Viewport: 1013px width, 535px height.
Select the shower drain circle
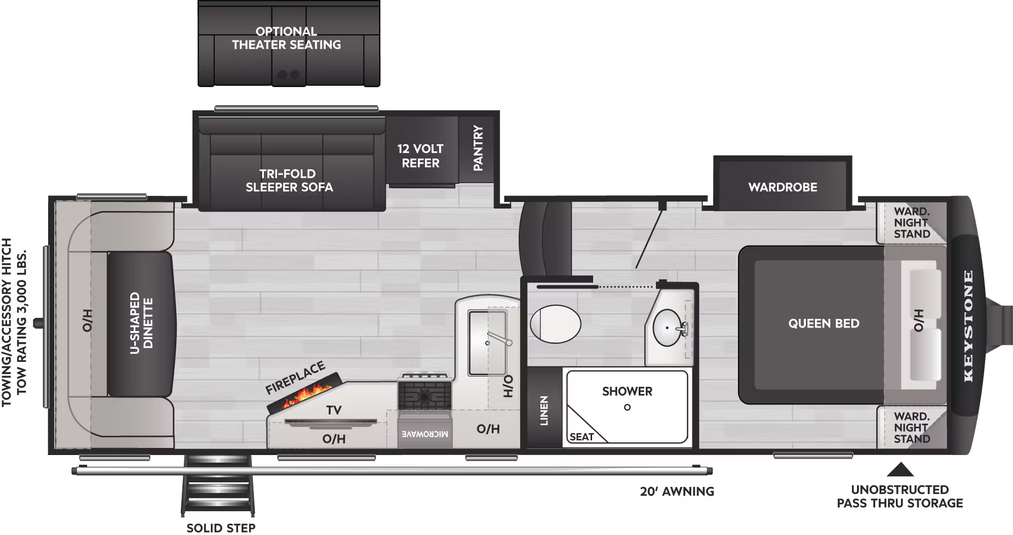click(x=627, y=407)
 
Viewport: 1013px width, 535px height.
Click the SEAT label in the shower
click(x=581, y=437)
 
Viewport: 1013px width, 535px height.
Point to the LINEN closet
click(x=544, y=410)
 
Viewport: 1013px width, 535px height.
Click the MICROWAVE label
click(x=425, y=434)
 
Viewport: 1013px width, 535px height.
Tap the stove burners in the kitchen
click(x=424, y=395)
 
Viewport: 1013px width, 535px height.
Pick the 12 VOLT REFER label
click(x=420, y=156)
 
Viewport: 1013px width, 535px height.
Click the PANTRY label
click(x=478, y=148)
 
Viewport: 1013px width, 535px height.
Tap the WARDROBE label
click(x=783, y=187)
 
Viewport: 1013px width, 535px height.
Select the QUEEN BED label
click(x=824, y=323)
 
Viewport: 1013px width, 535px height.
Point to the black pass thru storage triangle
click(x=900, y=470)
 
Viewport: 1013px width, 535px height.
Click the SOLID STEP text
click(x=221, y=528)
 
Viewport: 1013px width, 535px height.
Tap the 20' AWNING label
click(x=677, y=491)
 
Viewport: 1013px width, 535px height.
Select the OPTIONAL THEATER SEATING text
click(x=287, y=38)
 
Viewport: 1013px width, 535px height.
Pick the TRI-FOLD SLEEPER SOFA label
click(x=289, y=181)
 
